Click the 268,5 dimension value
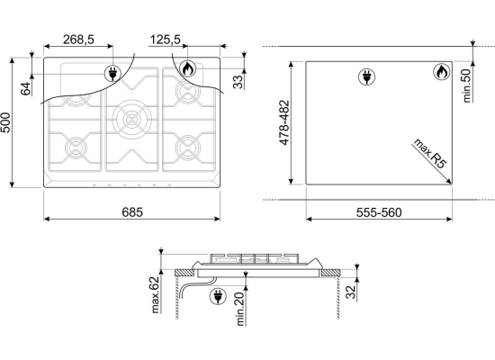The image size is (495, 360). [78, 40]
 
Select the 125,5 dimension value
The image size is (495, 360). [165, 40]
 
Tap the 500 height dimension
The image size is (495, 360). [5, 122]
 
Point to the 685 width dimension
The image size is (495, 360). [132, 212]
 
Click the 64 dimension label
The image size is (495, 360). [26, 88]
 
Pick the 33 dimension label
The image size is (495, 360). [238, 82]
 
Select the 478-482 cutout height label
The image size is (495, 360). [284, 122]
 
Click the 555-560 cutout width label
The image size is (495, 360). [379, 212]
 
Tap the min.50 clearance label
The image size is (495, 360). [467, 85]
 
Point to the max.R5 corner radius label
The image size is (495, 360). [429, 154]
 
